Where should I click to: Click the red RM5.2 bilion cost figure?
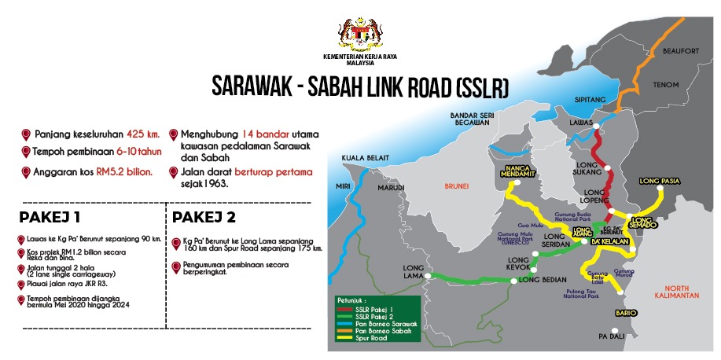coord(124,170)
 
